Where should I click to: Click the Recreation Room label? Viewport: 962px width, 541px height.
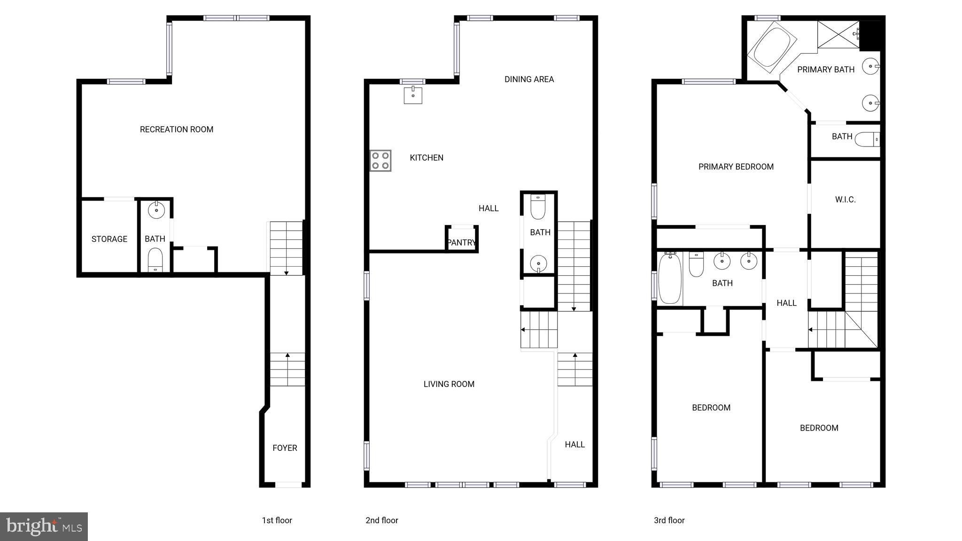(x=177, y=129)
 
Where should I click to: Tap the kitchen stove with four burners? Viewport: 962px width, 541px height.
(x=380, y=160)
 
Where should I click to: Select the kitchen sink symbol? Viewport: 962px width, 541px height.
(x=413, y=95)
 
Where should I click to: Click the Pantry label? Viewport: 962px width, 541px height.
(x=461, y=242)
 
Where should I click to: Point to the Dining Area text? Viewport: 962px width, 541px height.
(x=529, y=79)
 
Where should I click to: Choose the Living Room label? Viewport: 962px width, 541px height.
(x=449, y=384)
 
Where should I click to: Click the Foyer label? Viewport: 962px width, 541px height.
(x=285, y=448)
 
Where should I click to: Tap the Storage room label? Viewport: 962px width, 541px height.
(x=109, y=239)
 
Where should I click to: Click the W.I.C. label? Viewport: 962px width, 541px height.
(x=845, y=200)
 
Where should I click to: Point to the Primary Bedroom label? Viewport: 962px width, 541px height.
(x=736, y=167)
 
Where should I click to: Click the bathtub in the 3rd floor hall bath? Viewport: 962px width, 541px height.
(x=669, y=279)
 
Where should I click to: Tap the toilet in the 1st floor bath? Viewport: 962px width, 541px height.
(x=155, y=260)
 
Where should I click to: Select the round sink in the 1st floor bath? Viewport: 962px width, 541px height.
(x=156, y=210)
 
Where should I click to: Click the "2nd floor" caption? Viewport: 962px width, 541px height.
(x=381, y=520)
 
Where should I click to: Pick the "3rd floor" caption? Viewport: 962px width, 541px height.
(x=669, y=520)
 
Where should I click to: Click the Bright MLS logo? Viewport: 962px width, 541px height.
(x=44, y=526)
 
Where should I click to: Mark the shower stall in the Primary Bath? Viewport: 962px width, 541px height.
(x=838, y=34)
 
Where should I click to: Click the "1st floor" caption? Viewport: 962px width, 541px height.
(x=277, y=520)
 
